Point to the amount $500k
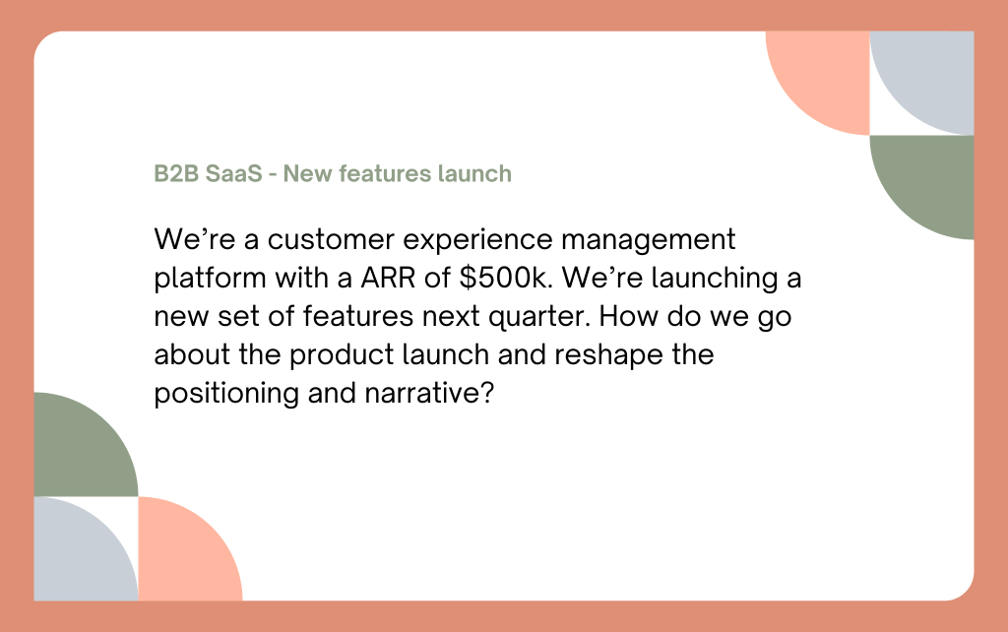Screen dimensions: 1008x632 pyautogui.click(x=506, y=278)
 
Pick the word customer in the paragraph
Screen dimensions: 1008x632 pyautogui.click(x=331, y=240)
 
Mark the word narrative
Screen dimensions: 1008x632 pyautogui.click(x=429, y=393)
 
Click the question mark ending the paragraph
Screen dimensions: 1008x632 pyautogui.click(x=487, y=393)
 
